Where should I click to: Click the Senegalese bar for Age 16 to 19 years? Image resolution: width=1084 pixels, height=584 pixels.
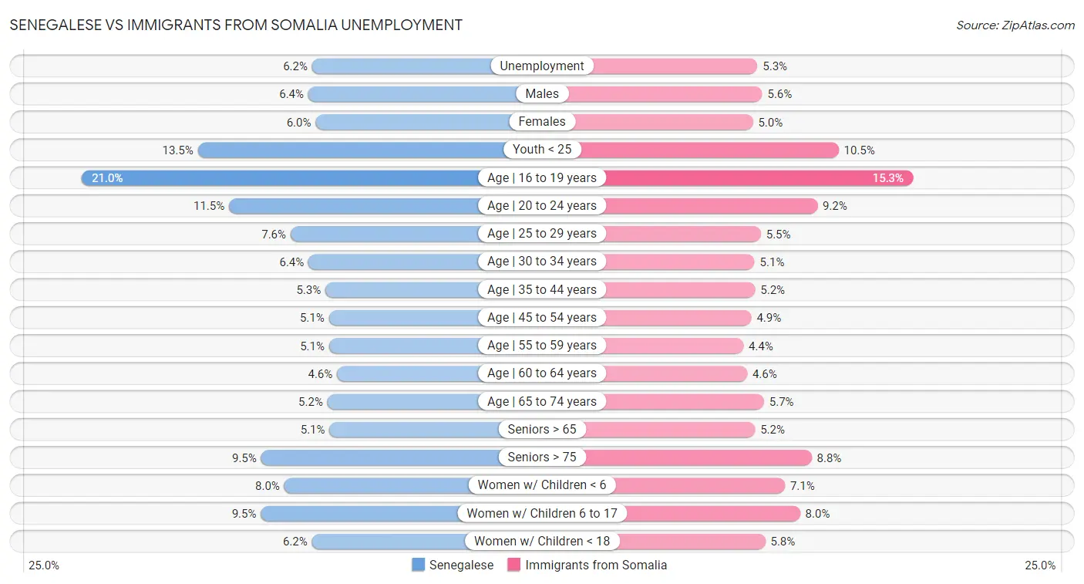pos(293,177)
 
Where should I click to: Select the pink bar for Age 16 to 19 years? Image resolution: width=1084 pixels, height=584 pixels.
pos(756,177)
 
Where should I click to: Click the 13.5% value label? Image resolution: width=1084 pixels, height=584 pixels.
pos(177,150)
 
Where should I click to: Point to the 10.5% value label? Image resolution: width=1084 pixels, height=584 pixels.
pos(859,150)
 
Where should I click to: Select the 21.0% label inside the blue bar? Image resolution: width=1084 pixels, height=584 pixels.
pos(107,177)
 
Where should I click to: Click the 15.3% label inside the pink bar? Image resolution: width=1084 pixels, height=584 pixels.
pos(887,177)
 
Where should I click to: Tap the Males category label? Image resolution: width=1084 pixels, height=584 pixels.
pos(542,93)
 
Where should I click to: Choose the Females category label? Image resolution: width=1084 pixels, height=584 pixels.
pos(542,121)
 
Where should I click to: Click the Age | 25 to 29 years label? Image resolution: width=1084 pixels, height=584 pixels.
pos(542,233)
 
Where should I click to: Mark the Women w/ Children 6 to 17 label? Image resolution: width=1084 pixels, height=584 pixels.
pos(542,513)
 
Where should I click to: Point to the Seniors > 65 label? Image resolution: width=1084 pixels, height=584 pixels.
pos(542,429)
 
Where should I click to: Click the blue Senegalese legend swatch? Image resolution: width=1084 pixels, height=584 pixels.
pos(419,565)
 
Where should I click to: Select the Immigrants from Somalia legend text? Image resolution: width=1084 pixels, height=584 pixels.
pos(596,565)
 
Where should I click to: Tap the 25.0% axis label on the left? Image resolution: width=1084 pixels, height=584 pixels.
pos(44,565)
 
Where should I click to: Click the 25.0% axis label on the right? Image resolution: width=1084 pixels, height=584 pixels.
pos(1040,565)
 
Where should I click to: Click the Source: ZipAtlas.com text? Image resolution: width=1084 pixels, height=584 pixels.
pos(1015,25)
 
